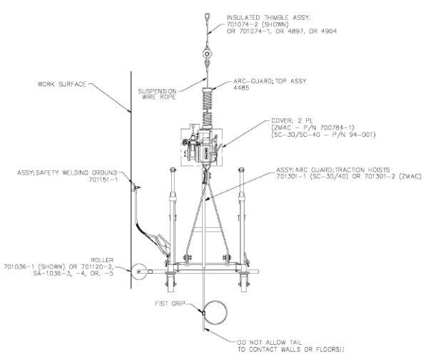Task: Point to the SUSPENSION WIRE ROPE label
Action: pos(157,95)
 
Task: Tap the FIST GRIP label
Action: pos(166,302)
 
